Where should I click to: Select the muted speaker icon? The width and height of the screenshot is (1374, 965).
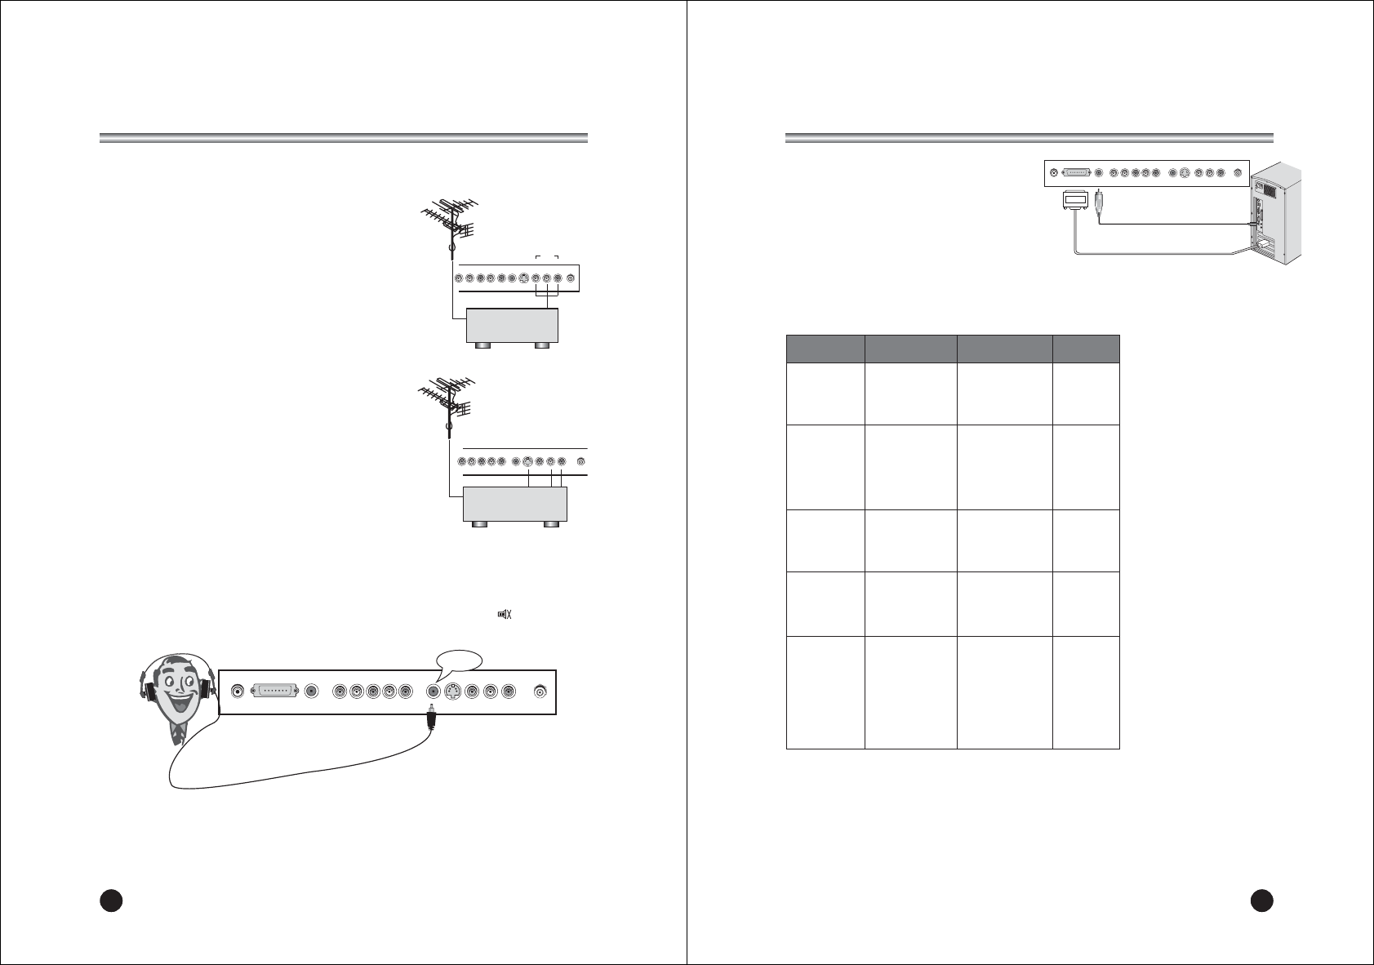coord(505,614)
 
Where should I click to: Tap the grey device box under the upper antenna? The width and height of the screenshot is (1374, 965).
coord(511,326)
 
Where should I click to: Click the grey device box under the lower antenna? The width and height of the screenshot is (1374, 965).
coord(514,504)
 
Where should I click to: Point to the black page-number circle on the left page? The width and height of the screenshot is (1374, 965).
coord(111,899)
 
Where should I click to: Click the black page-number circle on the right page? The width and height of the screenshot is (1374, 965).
coord(1262,899)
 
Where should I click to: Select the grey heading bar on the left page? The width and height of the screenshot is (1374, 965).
coord(344,137)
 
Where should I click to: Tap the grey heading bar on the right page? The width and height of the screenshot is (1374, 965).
coord(1029,137)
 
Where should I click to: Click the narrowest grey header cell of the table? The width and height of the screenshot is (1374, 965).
coord(1086,349)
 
